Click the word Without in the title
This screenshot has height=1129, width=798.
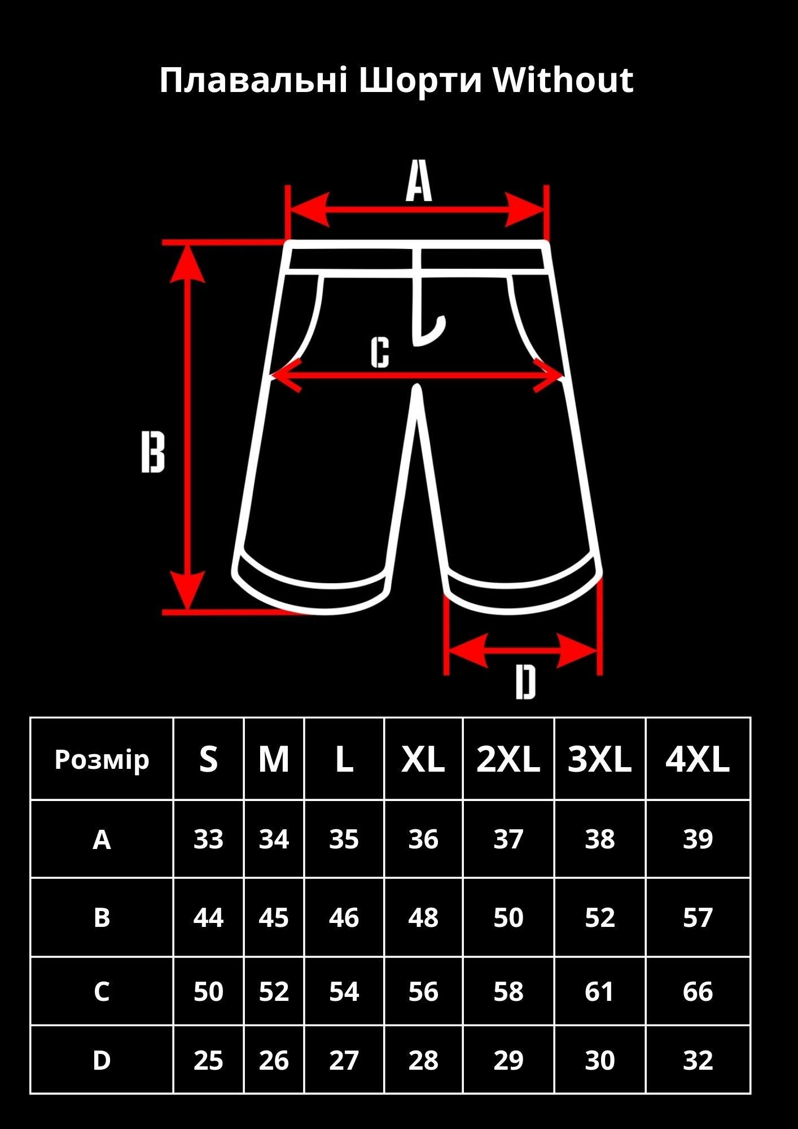coord(563,80)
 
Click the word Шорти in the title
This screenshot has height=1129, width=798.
coord(420,80)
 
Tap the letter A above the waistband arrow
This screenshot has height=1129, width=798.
coord(419,181)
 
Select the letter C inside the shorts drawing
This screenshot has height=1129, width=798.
coord(380,353)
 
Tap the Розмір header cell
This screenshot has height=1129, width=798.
coord(102,760)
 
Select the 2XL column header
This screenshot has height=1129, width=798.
coord(508,759)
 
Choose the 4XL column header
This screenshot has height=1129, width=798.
coord(698,759)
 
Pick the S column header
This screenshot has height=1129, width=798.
coord(208,759)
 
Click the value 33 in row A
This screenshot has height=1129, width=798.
coord(208,839)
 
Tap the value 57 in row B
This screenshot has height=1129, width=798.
coord(698,918)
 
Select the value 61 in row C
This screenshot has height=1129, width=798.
coord(599,992)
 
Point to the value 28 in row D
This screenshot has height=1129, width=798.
coord(423,1061)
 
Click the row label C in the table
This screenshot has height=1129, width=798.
coord(102,992)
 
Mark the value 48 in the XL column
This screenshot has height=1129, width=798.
coord(423,918)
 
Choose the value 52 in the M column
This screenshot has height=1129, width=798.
coord(274,992)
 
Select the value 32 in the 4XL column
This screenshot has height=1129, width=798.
coord(698,1061)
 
